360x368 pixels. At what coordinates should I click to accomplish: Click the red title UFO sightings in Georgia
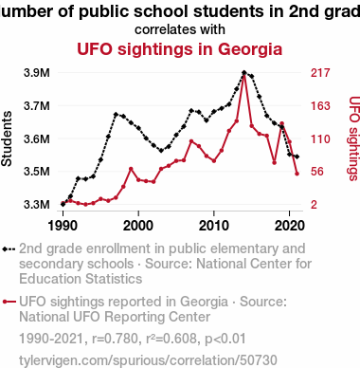pyautogui.click(x=179, y=49)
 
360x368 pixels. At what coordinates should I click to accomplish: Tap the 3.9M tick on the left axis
pyautogui.click(x=37, y=73)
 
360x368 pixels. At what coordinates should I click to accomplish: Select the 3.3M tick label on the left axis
pyautogui.click(x=37, y=204)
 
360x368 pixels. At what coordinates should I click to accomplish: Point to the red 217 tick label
pyautogui.click(x=320, y=73)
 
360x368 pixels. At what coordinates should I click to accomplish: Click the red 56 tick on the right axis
pyautogui.click(x=317, y=172)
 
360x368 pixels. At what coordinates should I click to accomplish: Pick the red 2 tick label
pyautogui.click(x=314, y=204)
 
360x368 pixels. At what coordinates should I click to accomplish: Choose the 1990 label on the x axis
pyautogui.click(x=63, y=226)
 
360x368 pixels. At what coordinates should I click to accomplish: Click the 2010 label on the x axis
pyautogui.click(x=214, y=226)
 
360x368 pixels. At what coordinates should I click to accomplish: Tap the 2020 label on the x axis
pyautogui.click(x=290, y=226)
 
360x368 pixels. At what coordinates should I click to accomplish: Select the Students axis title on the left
pyautogui.click(x=7, y=138)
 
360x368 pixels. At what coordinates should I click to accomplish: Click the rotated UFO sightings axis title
pyautogui.click(x=354, y=138)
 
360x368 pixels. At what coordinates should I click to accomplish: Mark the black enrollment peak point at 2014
pyautogui.click(x=244, y=73)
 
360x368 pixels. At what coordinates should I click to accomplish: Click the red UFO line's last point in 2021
pyautogui.click(x=297, y=174)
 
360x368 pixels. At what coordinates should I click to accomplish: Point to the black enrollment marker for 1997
pyautogui.click(x=116, y=114)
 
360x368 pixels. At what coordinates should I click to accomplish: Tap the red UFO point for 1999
pyautogui.click(x=131, y=169)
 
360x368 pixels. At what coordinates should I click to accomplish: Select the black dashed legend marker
pyautogui.click(x=9, y=249)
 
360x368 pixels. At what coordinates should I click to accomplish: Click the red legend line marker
pyautogui.click(x=9, y=302)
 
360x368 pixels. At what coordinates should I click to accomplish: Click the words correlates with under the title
pyautogui.click(x=180, y=29)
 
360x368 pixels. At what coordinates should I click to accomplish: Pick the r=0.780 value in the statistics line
pyautogui.click(x=116, y=339)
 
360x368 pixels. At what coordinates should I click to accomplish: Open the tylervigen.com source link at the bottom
pyautogui.click(x=148, y=360)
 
